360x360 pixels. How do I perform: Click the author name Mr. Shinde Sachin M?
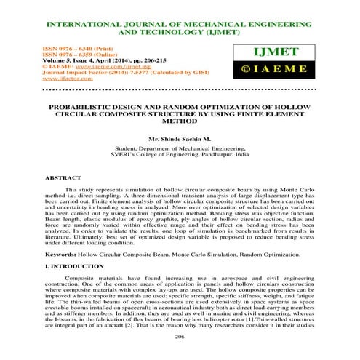(180, 138)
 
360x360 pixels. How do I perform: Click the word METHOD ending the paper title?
(180, 122)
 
